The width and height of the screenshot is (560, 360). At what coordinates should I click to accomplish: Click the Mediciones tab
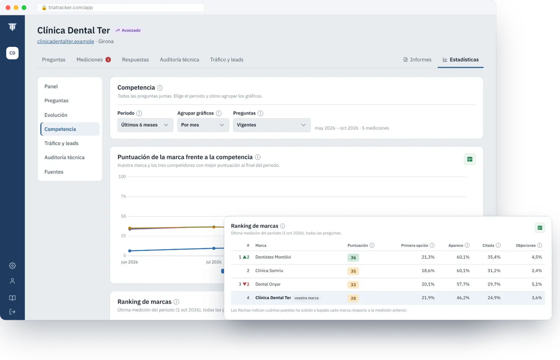click(90, 60)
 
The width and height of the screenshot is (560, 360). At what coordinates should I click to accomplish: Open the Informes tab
click(417, 60)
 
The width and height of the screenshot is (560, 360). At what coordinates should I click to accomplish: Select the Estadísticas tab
click(461, 60)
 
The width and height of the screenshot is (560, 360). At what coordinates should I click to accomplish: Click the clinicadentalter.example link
click(65, 42)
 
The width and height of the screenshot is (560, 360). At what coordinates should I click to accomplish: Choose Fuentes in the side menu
click(54, 172)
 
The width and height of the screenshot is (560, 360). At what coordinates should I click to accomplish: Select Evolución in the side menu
click(56, 115)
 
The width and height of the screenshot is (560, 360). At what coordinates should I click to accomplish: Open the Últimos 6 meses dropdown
click(145, 125)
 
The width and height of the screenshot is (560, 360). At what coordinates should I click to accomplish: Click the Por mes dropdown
click(203, 125)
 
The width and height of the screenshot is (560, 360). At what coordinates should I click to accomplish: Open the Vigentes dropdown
click(272, 125)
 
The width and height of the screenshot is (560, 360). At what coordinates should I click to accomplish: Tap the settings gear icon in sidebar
click(12, 266)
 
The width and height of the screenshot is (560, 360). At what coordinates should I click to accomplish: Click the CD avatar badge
click(12, 53)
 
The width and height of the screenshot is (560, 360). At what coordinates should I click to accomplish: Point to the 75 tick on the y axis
click(123, 196)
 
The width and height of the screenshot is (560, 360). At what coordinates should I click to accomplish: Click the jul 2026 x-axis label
click(213, 262)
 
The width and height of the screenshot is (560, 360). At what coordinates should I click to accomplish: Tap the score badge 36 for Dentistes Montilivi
click(353, 257)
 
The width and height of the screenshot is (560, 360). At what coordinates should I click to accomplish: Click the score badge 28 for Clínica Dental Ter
click(353, 298)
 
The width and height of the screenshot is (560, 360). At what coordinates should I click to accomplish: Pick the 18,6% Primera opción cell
click(428, 271)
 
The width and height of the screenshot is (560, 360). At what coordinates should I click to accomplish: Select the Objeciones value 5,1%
click(537, 284)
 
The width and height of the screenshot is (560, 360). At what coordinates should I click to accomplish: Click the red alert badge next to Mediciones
click(108, 60)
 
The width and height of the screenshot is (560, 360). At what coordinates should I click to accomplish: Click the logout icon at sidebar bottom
click(12, 312)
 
